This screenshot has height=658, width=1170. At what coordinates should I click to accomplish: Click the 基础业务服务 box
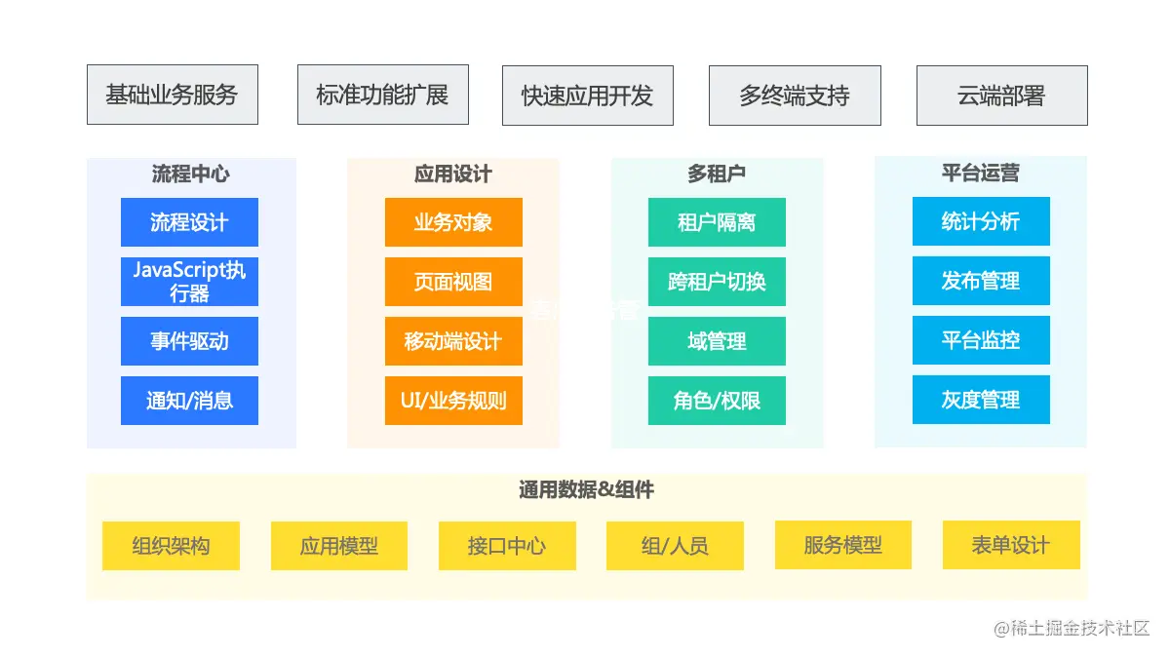[x=173, y=95]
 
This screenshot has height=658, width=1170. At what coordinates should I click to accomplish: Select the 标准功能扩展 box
[x=383, y=95]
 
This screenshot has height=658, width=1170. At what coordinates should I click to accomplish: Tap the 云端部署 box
[x=1001, y=96]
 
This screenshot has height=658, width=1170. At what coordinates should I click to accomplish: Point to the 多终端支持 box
[x=795, y=96]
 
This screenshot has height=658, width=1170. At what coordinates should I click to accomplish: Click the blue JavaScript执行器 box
[x=189, y=282]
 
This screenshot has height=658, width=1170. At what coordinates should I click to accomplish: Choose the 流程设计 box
[x=189, y=222]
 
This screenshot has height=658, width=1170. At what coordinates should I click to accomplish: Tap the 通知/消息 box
[x=189, y=401]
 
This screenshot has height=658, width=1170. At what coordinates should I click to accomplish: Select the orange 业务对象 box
[x=453, y=222]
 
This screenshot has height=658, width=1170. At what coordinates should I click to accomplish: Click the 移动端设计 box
[x=453, y=341]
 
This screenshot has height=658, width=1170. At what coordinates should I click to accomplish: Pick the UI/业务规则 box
[x=453, y=401]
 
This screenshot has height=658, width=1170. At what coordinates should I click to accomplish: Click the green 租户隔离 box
[x=717, y=222]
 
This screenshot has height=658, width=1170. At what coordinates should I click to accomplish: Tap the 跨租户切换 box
[x=717, y=282]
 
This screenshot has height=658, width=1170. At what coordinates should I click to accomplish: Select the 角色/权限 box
[x=717, y=401]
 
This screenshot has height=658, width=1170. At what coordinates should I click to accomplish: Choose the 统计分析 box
[x=981, y=221]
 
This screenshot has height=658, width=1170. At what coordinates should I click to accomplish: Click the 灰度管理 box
[x=981, y=400]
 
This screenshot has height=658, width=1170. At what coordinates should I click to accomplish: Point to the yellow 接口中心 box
[x=507, y=546]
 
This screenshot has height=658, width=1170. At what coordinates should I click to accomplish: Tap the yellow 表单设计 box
[x=1011, y=545]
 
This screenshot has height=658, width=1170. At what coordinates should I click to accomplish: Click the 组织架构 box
[x=171, y=546]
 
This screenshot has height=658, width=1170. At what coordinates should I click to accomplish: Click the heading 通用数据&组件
[x=586, y=490]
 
